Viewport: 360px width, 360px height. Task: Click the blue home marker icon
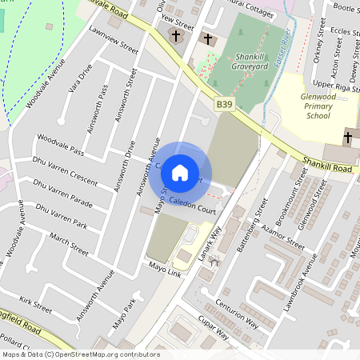(180, 172)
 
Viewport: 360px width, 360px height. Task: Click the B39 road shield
(225, 104)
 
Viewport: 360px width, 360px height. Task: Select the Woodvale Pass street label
(60, 150)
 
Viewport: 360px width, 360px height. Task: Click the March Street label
(69, 244)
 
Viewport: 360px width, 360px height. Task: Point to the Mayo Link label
(164, 268)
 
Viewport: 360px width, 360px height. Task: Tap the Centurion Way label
(237, 314)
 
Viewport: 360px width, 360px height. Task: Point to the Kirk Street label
(35, 304)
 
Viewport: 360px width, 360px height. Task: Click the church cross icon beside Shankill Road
(349, 136)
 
